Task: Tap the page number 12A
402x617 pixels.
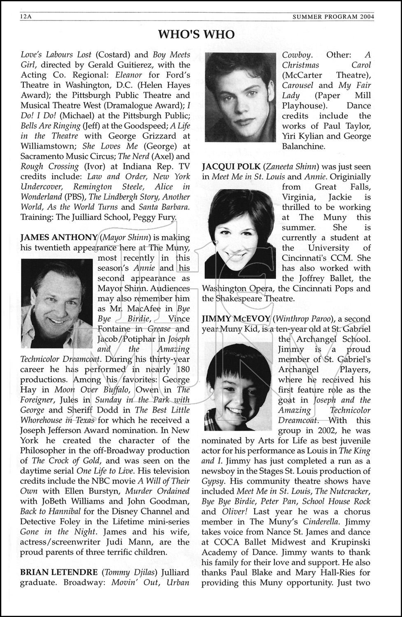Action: [26, 17]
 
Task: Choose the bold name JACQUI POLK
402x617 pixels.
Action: [231, 167]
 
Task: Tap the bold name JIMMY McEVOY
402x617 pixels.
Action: [236, 319]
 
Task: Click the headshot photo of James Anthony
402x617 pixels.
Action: [56, 303]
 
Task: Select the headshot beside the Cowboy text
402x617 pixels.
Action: [240, 97]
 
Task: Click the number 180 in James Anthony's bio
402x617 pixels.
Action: [181, 369]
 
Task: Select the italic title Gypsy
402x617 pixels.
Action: [212, 481]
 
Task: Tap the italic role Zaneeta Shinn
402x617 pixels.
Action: [292, 167]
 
